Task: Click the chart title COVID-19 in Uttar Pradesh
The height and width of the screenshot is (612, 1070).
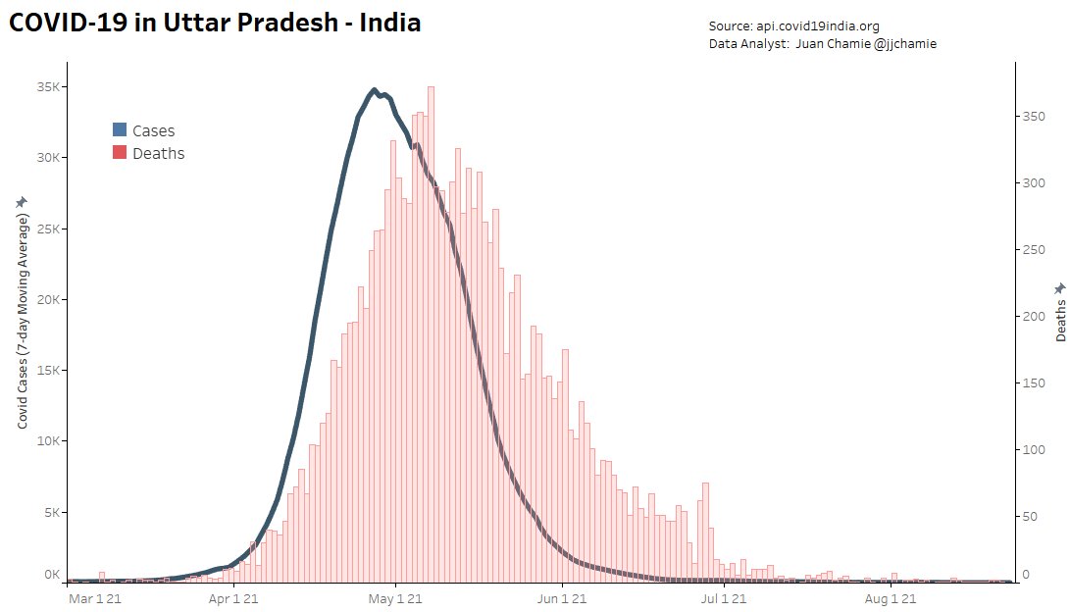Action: pos(215,24)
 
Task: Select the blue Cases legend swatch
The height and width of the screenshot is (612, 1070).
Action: pos(120,129)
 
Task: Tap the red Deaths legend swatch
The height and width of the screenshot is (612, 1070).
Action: pos(120,153)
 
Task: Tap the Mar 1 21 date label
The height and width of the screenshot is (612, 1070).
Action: pos(95,597)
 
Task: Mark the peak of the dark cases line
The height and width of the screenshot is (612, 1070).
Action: pos(374,90)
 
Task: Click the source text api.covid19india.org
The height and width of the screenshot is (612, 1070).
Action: pos(824,26)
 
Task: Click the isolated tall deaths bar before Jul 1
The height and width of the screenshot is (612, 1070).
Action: pos(705,530)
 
